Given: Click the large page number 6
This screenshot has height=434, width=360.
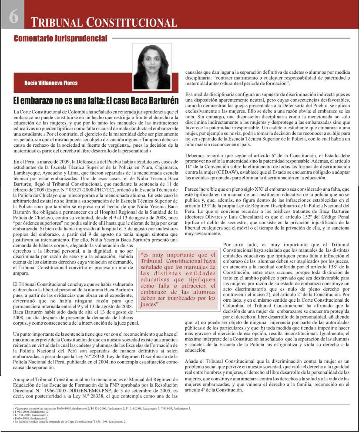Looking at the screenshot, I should pyautogui.click(x=14, y=16).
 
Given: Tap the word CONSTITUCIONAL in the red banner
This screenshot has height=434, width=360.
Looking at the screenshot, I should pyautogui.click(x=131, y=23).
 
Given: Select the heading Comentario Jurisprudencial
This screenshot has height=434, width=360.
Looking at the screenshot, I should pyautogui.click(x=61, y=38).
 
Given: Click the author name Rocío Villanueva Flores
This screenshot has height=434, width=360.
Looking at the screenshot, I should pyautogui.click(x=51, y=83).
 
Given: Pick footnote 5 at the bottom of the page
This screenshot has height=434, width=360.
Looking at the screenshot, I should pyautogui.click(x=71, y=422).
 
